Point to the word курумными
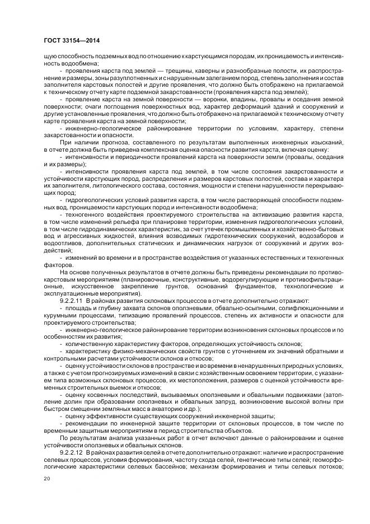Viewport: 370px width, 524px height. coord(60,315)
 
